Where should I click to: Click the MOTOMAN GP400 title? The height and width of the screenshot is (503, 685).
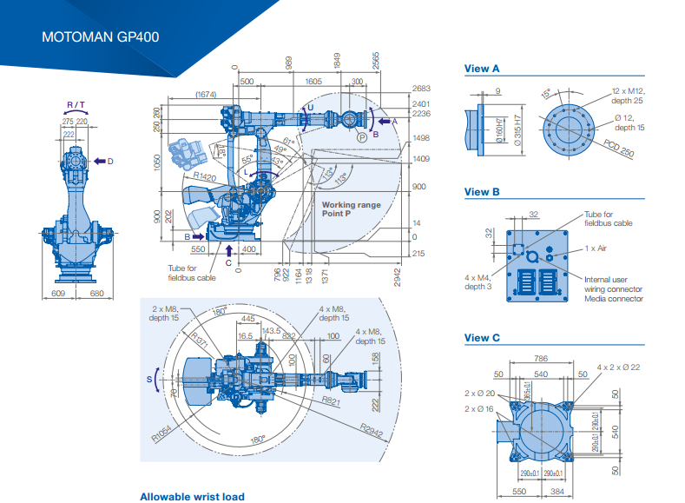pyautogui.click(x=100, y=37)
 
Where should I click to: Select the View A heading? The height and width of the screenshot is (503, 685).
pyautogui.click(x=482, y=68)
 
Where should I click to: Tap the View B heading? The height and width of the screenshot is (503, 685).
pyautogui.click(x=482, y=192)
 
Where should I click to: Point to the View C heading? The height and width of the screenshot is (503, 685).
pyautogui.click(x=482, y=338)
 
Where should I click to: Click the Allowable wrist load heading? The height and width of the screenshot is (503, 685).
pyautogui.click(x=192, y=497)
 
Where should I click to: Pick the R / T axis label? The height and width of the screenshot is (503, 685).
pyautogui.click(x=76, y=105)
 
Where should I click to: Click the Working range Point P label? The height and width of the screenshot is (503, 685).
pyautogui.click(x=351, y=209)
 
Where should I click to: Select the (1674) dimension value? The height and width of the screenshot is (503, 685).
pyautogui.click(x=206, y=94)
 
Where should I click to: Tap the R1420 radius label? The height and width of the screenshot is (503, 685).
pyautogui.click(x=204, y=176)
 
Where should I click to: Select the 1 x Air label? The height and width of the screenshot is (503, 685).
pyautogui.click(x=595, y=248)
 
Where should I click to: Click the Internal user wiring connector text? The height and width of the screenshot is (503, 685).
pyautogui.click(x=614, y=283)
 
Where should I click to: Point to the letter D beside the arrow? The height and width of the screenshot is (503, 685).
pyautogui.click(x=111, y=161)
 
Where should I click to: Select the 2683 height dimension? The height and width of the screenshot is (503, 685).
pyautogui.click(x=421, y=89)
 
